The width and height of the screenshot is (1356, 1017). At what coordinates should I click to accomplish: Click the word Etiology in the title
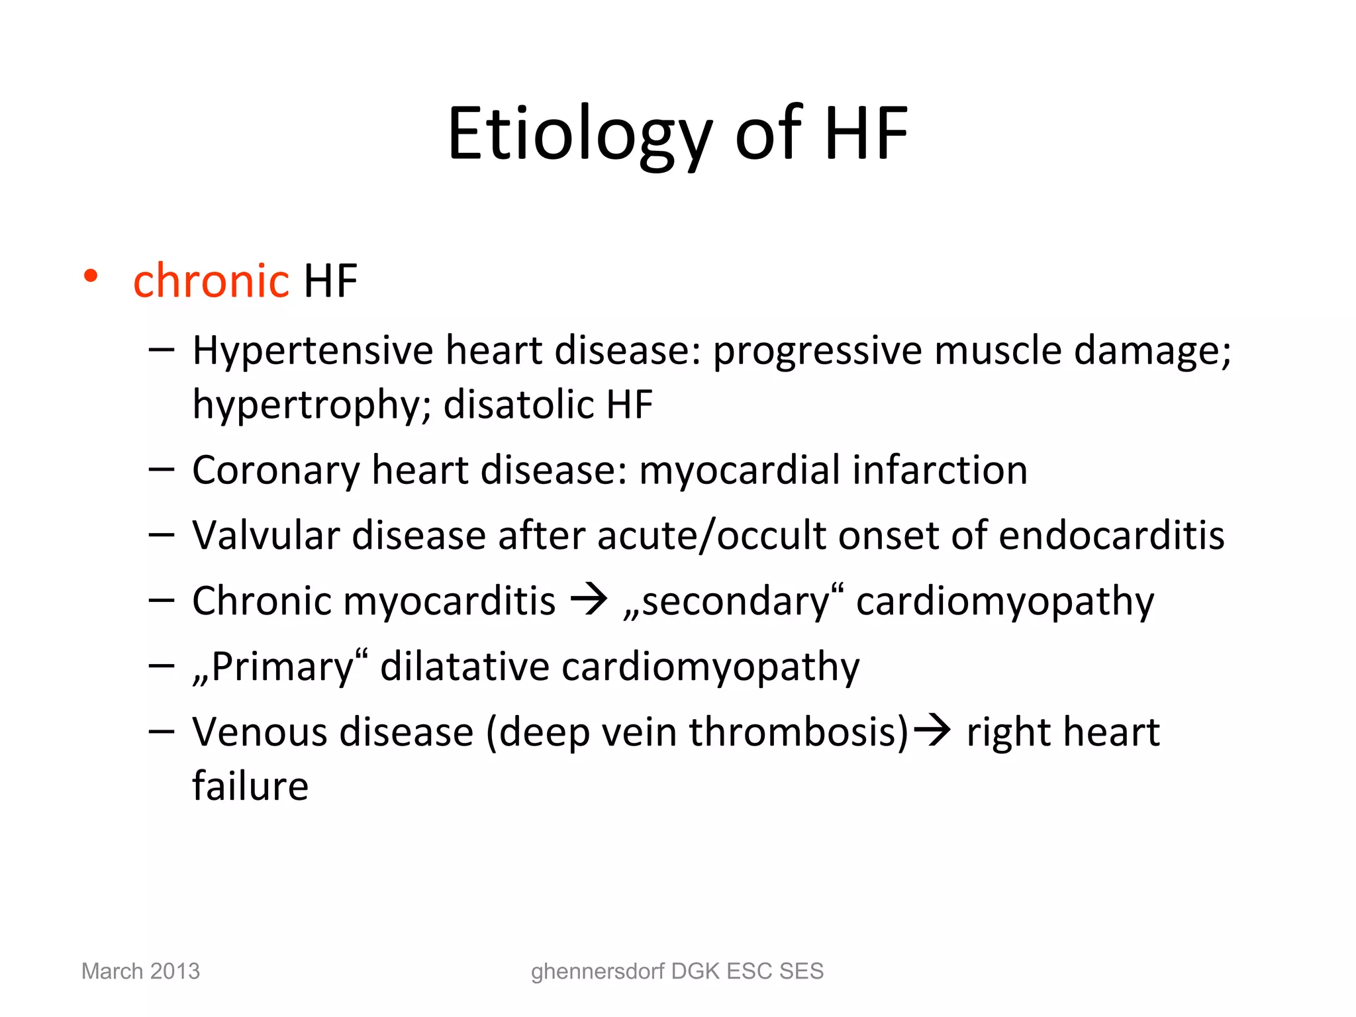coord(580,134)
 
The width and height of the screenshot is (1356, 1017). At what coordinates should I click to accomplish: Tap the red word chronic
coord(211,281)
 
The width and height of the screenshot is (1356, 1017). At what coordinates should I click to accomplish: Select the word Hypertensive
coord(312,350)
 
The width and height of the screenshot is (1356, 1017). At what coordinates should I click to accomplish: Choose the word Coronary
coord(275,471)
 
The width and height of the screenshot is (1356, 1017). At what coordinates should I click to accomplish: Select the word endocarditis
coord(1112,535)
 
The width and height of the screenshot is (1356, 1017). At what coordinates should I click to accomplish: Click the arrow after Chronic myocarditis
coord(589,599)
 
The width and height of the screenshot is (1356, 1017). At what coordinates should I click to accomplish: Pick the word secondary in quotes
coord(736,601)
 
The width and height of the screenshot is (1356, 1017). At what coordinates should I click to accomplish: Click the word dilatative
coord(464,666)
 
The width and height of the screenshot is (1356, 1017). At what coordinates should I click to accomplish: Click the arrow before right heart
coord(932,730)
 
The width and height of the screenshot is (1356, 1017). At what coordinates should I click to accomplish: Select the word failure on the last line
coord(250,786)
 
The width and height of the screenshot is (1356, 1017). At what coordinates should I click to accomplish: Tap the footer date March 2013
coord(140,971)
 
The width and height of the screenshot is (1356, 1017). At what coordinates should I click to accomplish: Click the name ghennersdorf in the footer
coord(597,971)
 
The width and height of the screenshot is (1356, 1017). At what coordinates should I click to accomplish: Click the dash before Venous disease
coord(162,731)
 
